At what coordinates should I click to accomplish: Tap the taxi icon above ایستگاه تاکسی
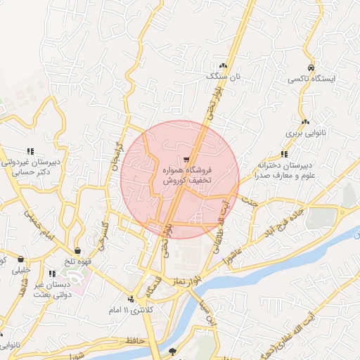coord(310,67)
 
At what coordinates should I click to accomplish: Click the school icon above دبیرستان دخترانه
coord(283,154)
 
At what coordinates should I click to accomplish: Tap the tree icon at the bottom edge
coord(173,351)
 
